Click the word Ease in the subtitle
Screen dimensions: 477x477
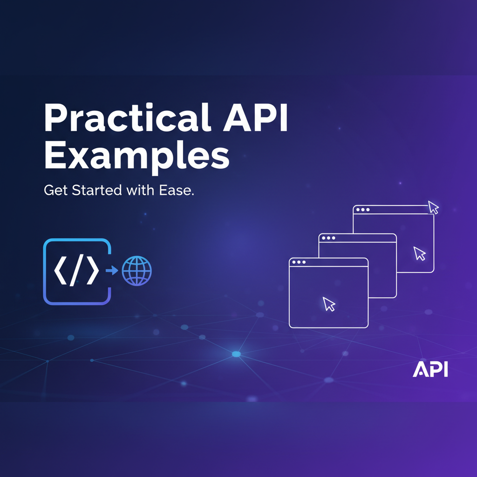coord(177,191)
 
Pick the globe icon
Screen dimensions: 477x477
coord(136,271)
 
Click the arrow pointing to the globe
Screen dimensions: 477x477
coord(112,270)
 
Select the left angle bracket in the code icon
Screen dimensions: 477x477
coord(60,271)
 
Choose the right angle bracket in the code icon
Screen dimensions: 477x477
coord(93,271)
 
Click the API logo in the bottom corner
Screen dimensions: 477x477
coord(430,370)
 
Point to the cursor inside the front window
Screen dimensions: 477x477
coord(329,304)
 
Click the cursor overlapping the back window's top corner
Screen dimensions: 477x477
coord(434,207)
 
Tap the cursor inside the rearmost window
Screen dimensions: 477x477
coord(420,253)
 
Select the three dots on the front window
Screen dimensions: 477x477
coord(299,262)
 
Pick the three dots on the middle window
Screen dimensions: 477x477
coord(328,238)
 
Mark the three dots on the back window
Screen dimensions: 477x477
coord(362,210)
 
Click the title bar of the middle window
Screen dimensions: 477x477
coord(363,238)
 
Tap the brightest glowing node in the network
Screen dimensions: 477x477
coord(236,354)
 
